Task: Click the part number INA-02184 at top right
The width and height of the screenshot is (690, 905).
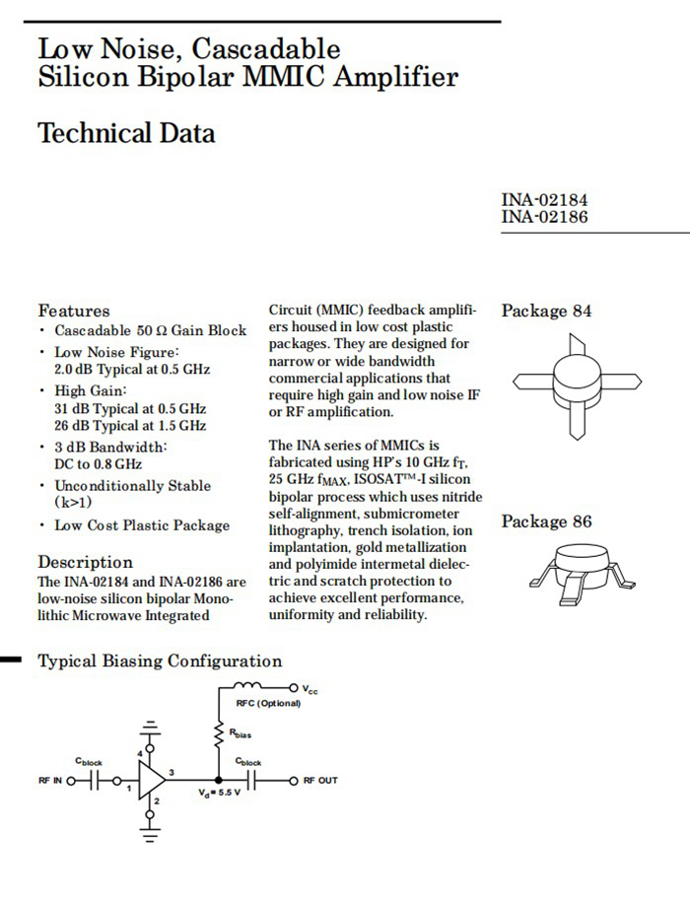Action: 544,201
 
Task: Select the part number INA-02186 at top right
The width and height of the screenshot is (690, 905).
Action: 544,217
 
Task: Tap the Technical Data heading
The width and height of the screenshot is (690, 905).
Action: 126,133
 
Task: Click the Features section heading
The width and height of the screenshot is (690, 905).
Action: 74,311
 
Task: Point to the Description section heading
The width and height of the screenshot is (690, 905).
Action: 85,562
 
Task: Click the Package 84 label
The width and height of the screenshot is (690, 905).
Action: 546,312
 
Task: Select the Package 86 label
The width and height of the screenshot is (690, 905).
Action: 546,522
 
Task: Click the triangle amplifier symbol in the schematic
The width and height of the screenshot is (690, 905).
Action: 151,781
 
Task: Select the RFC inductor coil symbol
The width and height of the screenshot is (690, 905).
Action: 248,686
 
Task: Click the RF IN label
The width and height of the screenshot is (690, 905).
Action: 50,781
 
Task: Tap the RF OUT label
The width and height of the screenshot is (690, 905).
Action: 319,781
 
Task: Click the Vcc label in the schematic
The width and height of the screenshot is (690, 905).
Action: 310,688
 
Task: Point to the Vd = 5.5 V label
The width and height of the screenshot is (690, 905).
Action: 219,794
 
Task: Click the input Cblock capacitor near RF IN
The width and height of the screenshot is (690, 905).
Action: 90,781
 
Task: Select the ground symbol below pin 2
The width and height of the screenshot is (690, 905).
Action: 150,835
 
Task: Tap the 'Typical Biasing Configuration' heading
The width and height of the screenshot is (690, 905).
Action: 160,661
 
